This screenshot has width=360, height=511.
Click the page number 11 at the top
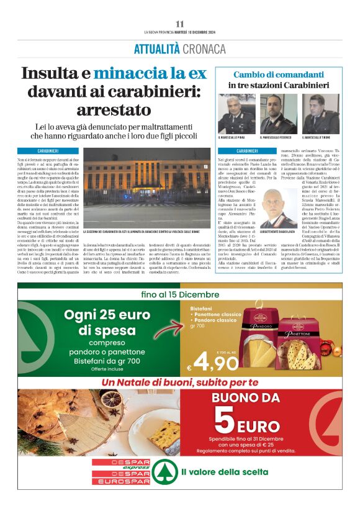(x=179, y=23)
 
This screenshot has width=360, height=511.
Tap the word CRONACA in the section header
(x=204, y=48)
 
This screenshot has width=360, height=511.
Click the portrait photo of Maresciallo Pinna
(x=236, y=114)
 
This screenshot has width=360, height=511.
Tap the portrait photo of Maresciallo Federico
(x=278, y=114)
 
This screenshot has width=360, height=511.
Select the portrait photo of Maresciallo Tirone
(x=320, y=114)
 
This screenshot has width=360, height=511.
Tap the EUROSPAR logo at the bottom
(x=122, y=481)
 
